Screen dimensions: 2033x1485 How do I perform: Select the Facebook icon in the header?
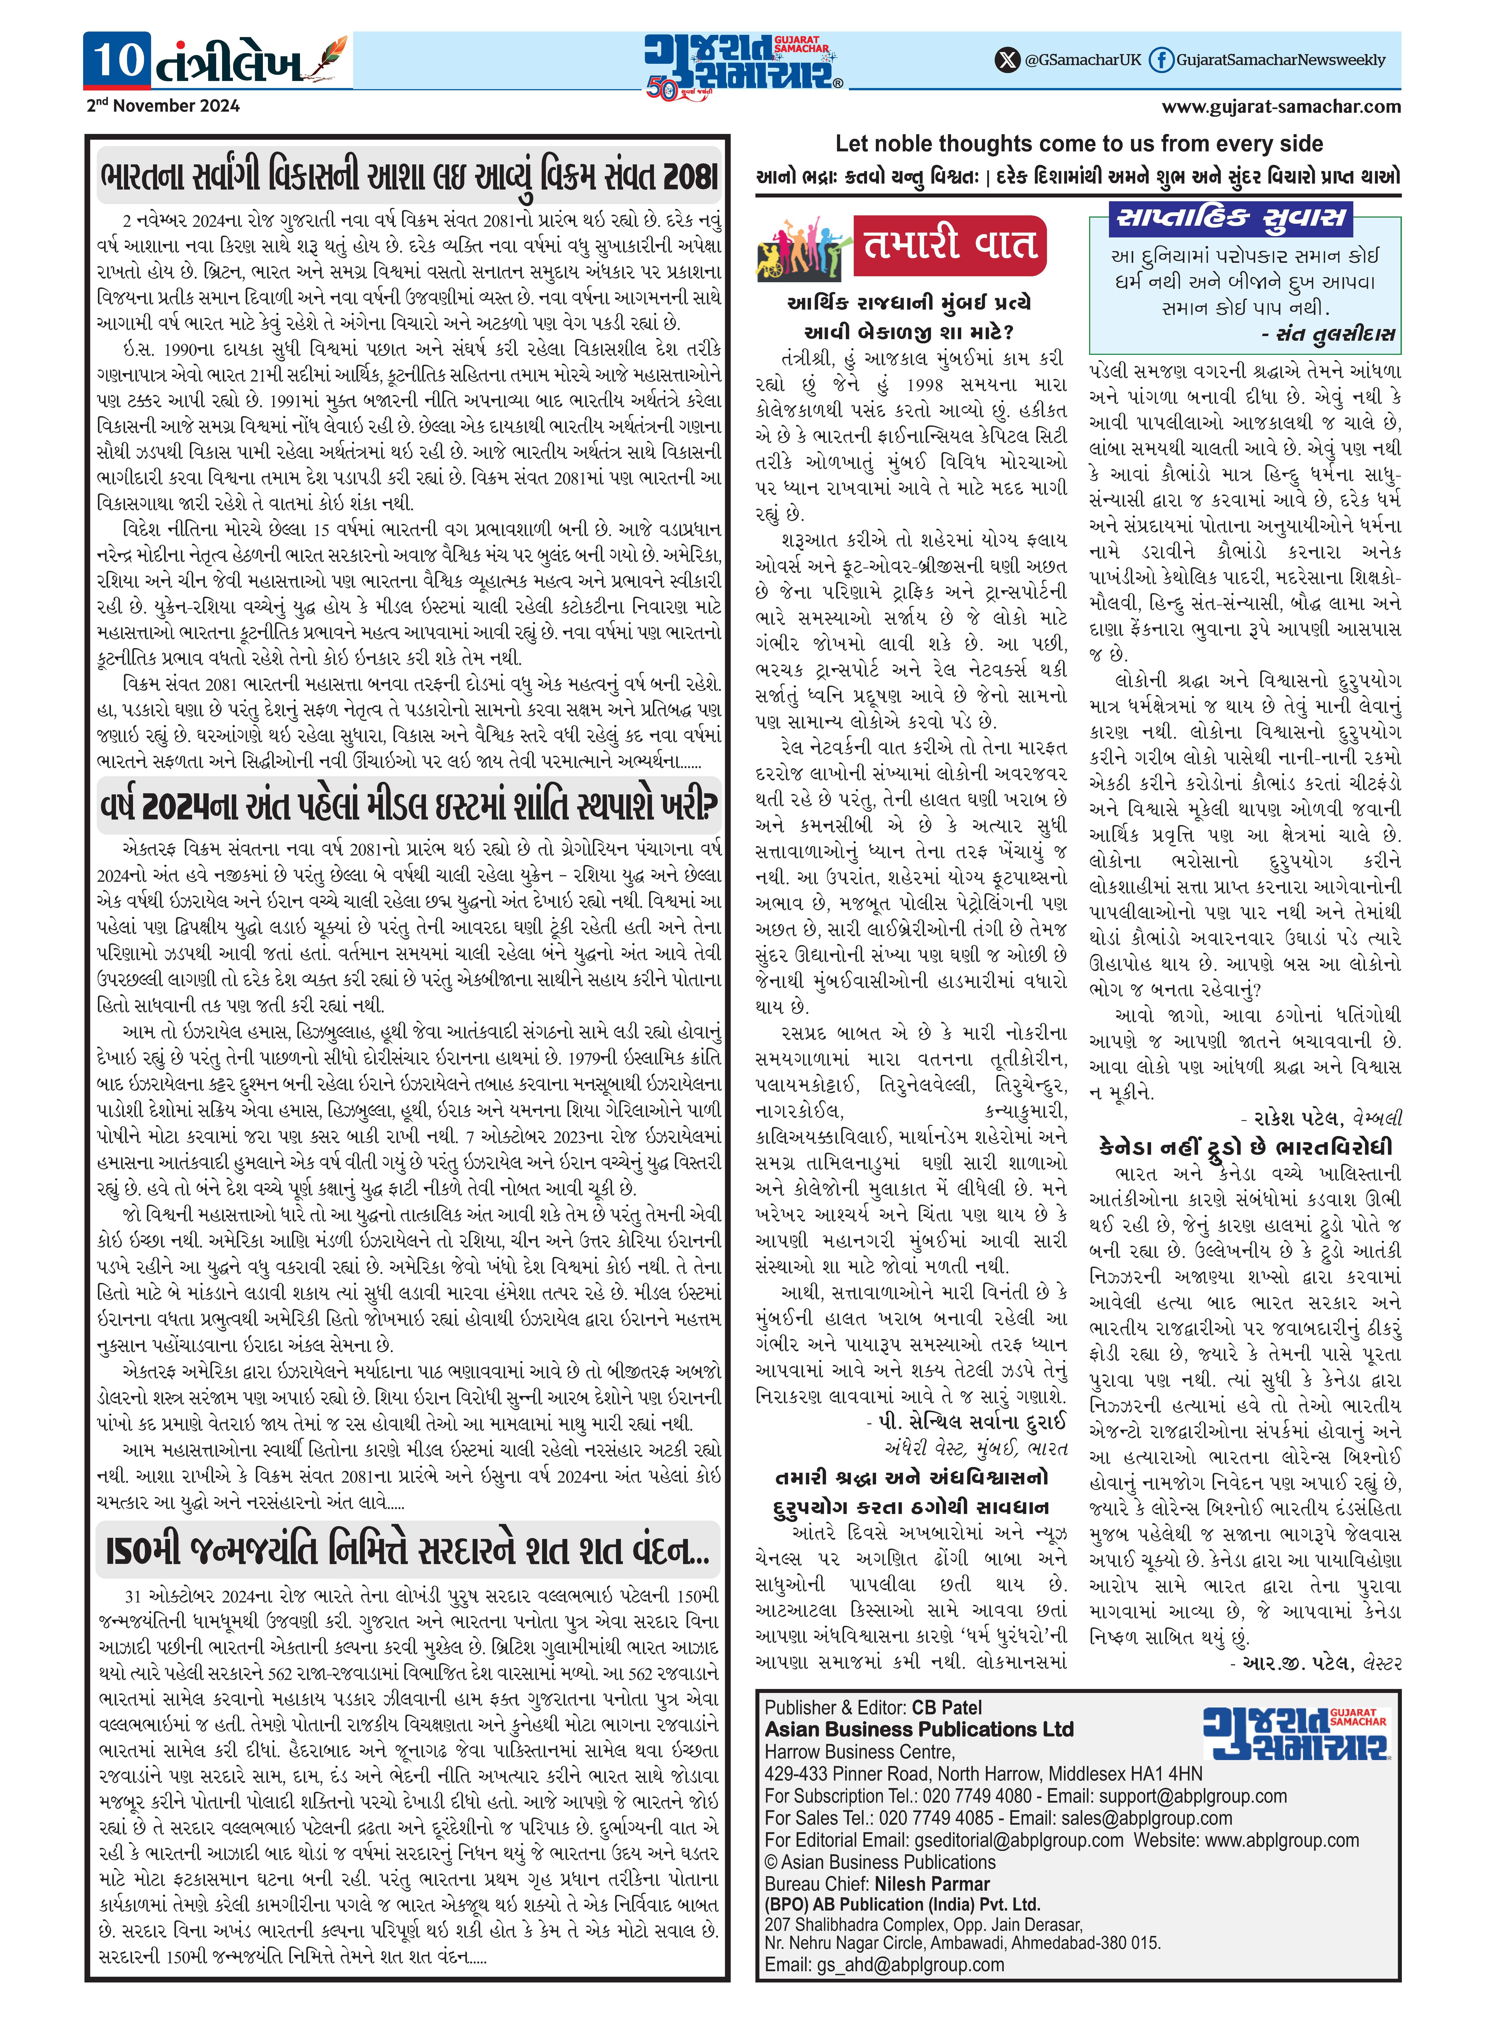coord(1161,60)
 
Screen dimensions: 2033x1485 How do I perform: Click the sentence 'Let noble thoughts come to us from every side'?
coord(1079,144)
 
